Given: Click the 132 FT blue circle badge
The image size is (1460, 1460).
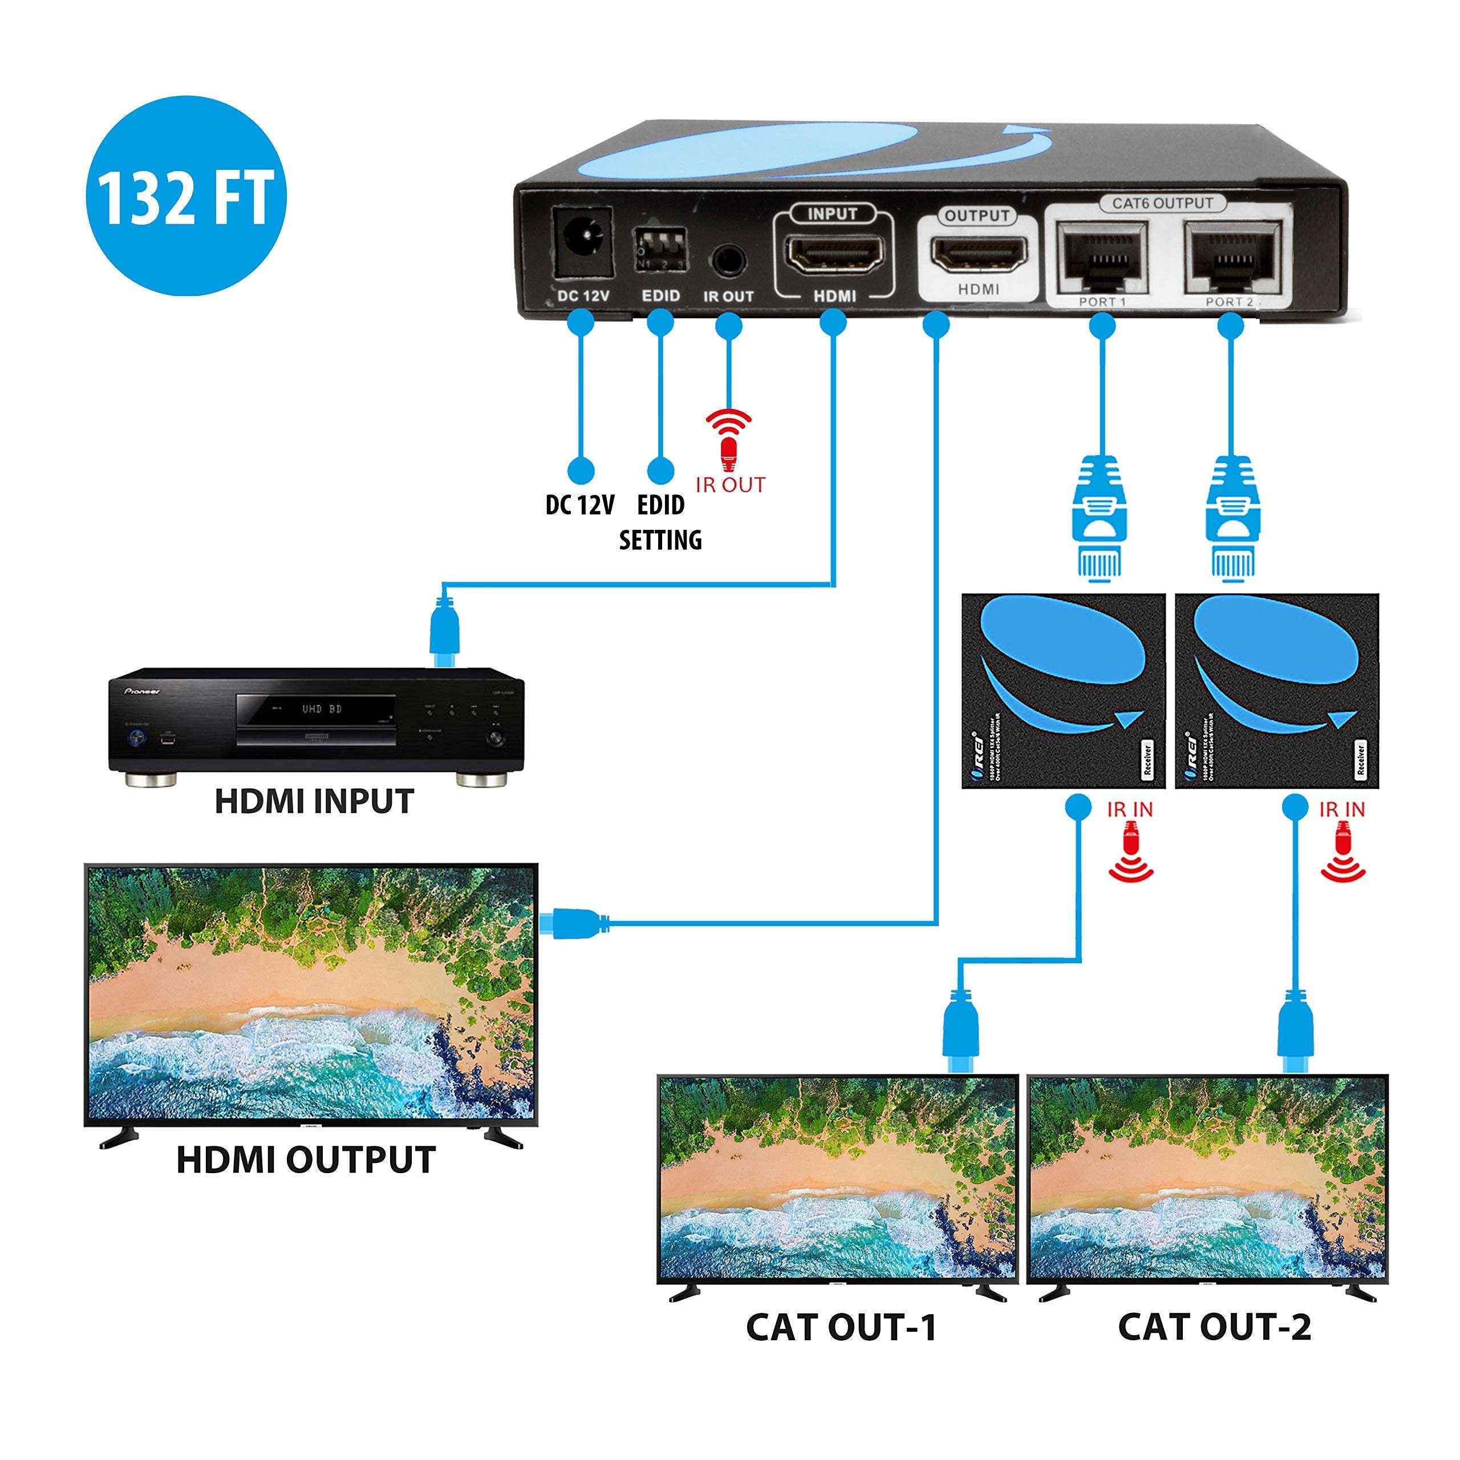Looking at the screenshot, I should point(185,195).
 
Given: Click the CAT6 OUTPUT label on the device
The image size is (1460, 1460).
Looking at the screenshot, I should point(1162,203).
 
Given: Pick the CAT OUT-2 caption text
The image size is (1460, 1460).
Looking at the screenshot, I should point(1214,1327).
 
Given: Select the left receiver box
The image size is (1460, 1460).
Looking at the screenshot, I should point(1062,691).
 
